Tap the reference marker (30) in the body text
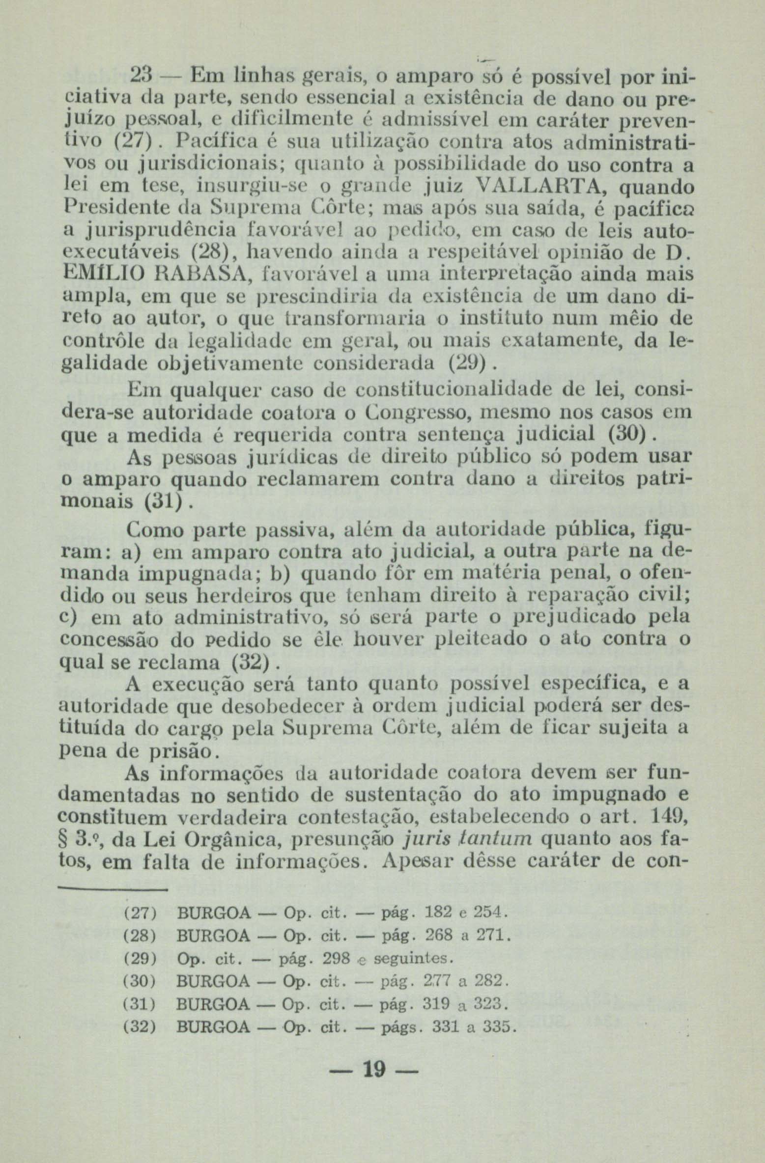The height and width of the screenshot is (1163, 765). tap(626, 434)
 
